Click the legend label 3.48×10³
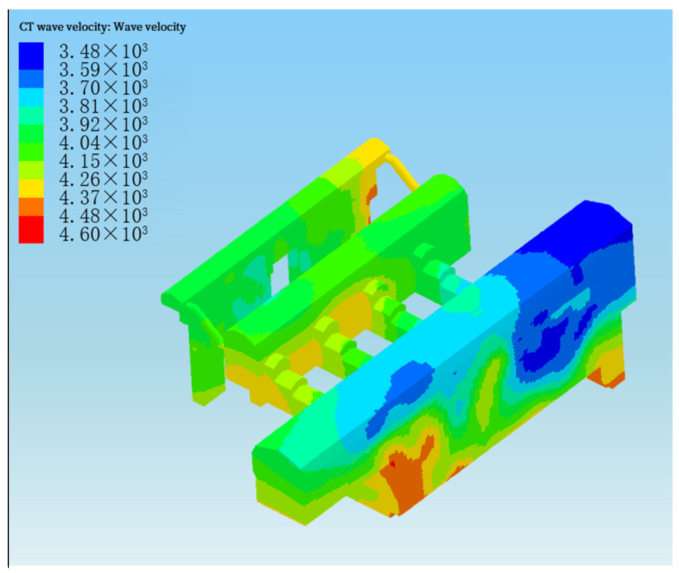coord(103,52)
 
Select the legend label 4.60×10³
coord(103,234)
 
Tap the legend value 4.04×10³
coord(103,143)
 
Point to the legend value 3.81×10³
coord(103,106)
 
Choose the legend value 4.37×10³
coord(103,198)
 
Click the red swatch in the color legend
coord(31,230)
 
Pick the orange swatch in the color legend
coord(31,207)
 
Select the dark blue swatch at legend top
coord(31,56)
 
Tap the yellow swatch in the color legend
coord(31,189)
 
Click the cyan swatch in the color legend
coord(31,97)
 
